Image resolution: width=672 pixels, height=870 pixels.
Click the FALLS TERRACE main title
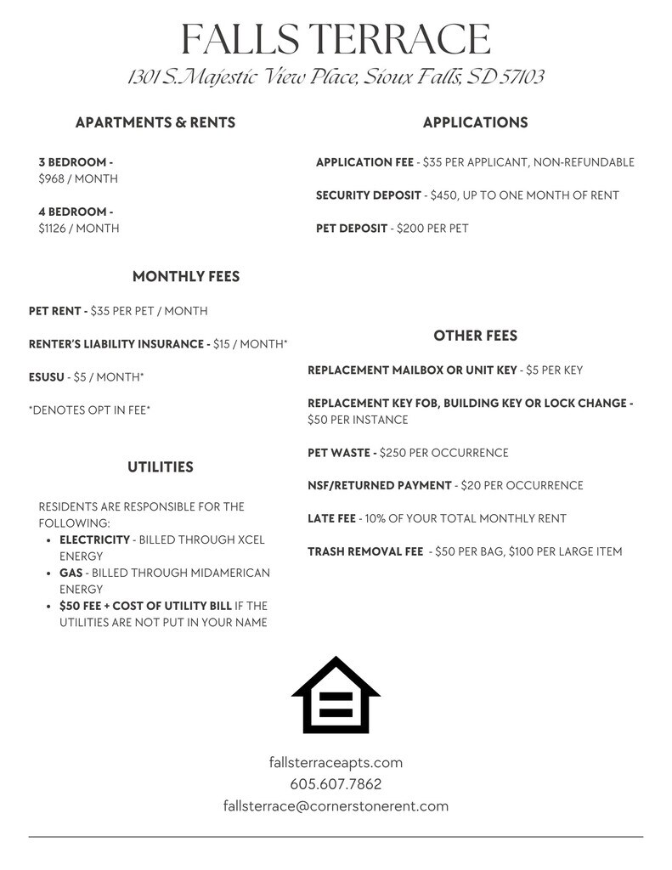tap(336, 39)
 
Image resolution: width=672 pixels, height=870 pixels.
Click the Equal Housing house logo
tap(336, 695)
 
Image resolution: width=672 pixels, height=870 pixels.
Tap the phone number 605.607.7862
tap(336, 784)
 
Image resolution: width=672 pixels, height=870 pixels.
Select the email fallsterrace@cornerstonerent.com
tap(336, 806)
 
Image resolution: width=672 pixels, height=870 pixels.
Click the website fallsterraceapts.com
tap(336, 763)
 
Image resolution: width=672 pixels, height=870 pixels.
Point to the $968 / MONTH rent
tap(78, 179)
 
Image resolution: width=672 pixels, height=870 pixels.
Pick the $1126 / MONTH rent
tap(79, 229)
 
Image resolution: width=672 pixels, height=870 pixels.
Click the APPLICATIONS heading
tap(475, 123)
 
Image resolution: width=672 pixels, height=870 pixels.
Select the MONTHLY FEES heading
tap(186, 277)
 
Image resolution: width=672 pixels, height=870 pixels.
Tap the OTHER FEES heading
tap(475, 336)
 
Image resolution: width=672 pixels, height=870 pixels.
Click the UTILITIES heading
tap(161, 467)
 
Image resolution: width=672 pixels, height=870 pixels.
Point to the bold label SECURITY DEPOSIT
tap(368, 195)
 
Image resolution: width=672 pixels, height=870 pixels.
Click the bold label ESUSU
tap(46, 377)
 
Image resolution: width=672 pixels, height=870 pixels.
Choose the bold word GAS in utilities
tap(71, 573)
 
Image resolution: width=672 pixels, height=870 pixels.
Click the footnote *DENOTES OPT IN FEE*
tap(89, 410)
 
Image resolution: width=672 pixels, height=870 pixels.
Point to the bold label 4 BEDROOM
tap(75, 212)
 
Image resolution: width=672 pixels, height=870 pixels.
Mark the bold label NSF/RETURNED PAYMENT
tap(379, 486)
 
